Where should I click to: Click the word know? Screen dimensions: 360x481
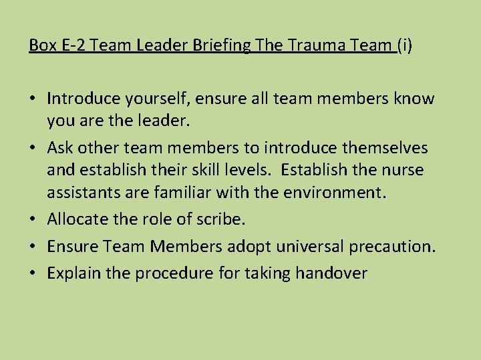414,99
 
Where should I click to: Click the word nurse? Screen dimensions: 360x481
402,170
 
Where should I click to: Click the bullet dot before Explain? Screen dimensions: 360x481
33,273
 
